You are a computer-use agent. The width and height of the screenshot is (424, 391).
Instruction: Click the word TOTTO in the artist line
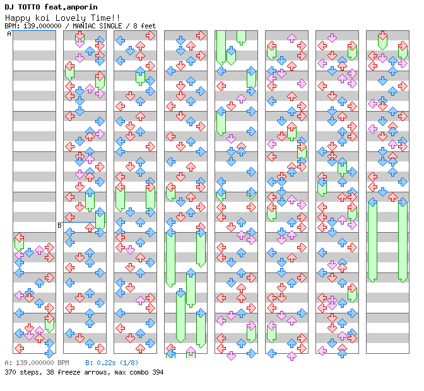pos(29,7)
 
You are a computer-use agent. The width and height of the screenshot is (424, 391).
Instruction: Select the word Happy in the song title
pos(17,18)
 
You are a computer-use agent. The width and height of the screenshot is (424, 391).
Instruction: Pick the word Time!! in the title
pos(107,18)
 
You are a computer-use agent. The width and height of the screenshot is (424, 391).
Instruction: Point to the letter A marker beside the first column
pos(9,34)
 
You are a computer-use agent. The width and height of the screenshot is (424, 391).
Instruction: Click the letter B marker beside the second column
pos(59,225)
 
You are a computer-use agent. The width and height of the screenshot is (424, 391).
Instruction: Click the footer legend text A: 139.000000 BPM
pos(37,363)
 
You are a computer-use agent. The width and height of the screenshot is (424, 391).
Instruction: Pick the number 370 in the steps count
pos(11,372)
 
